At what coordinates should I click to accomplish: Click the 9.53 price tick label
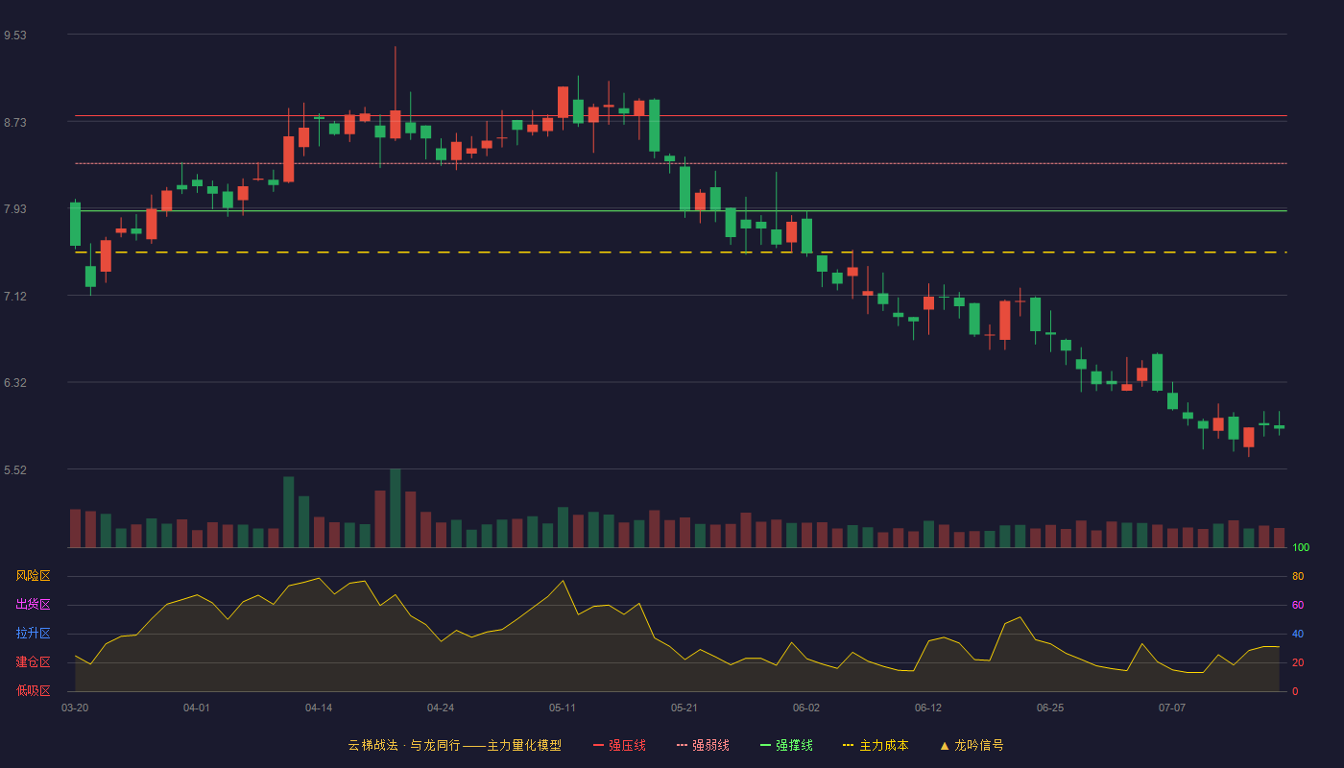[x=15, y=36]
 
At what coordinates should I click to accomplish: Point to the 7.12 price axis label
[x=15, y=297]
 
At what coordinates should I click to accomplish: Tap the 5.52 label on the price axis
[x=15, y=469]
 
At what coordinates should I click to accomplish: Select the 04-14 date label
[x=319, y=708]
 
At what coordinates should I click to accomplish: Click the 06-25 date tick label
[x=1050, y=708]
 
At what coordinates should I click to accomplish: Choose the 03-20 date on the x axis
[x=75, y=708]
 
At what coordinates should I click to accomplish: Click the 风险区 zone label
[x=33, y=576]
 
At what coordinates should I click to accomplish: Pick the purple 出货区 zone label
[x=33, y=604]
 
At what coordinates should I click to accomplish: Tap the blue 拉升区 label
[x=33, y=633]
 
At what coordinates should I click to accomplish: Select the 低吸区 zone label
[x=33, y=690]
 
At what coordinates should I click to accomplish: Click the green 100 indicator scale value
[x=1301, y=547]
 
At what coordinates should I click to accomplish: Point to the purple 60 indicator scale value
[x=1298, y=605]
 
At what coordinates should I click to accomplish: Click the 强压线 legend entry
[x=620, y=745]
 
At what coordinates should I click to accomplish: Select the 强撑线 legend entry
[x=786, y=745]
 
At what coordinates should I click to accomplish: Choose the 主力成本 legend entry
[x=876, y=745]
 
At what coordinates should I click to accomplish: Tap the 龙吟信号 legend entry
[x=972, y=745]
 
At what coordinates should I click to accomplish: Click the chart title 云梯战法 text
[x=372, y=745]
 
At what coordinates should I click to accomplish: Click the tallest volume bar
[x=396, y=508]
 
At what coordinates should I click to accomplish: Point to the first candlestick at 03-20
[x=75, y=224]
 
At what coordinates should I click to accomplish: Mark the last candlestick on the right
[x=1279, y=426]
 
